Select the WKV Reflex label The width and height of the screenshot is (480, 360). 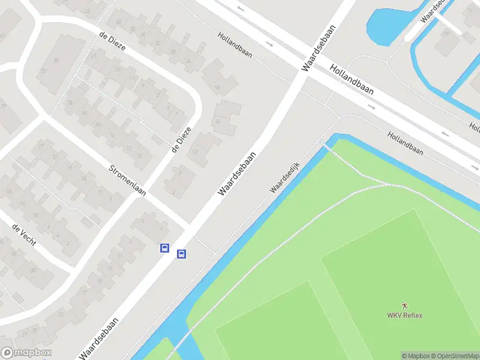[x=404, y=316]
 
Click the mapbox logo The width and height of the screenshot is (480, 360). [x=26, y=353]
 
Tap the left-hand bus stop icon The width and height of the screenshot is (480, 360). [x=164, y=248]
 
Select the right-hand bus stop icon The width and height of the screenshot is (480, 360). [x=181, y=254]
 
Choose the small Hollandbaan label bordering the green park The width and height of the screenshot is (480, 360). [x=405, y=143]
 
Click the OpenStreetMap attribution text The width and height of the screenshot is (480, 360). [x=455, y=356]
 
